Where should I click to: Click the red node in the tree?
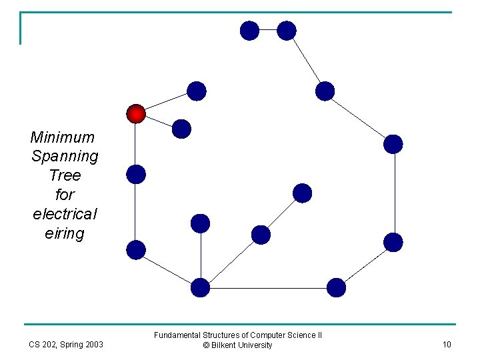136,114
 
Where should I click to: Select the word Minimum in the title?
63,137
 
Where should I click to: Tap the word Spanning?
65,157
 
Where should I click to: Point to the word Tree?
65,175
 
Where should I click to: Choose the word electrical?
65,214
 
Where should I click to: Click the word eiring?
65,233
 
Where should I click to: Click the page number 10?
447,345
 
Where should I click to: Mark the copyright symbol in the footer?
207,345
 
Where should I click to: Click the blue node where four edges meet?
200,288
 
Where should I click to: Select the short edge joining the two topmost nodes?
267,30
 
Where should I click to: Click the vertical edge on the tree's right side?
394,193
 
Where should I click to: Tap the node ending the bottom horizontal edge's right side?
337,288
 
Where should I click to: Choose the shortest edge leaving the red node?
159,121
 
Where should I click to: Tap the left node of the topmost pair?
249,30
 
